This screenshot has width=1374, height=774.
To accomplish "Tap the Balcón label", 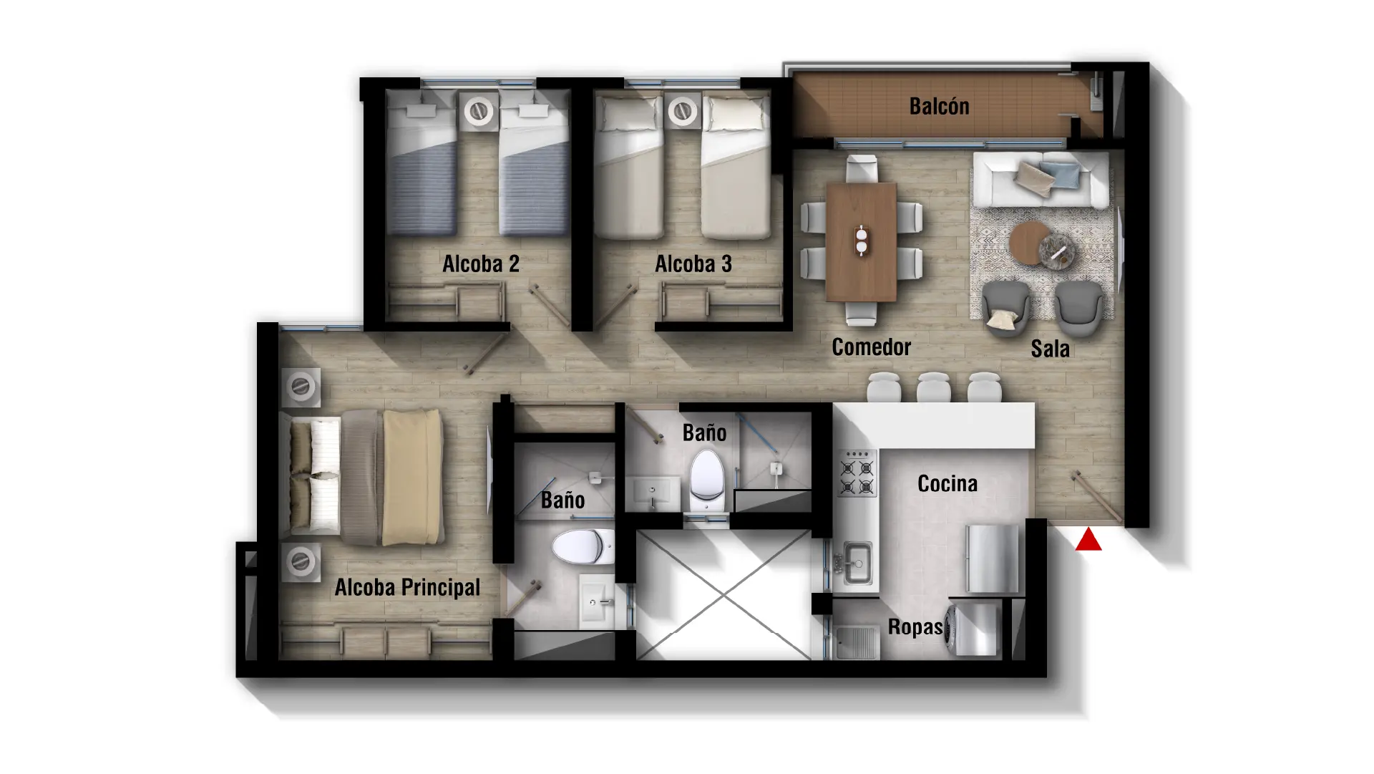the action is coord(939,107).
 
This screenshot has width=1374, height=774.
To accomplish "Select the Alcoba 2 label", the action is coord(481,264).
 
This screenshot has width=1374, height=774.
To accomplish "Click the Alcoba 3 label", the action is coord(693,264).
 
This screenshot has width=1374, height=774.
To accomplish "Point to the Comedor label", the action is coord(871,347).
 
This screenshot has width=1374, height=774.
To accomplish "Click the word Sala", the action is coord(1050,349).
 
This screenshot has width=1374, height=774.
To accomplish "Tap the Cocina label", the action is coord(947,484).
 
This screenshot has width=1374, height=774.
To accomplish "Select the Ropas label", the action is coord(915,627).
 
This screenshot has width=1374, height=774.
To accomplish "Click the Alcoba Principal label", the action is coord(407,588).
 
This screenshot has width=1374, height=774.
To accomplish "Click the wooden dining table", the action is coord(861,242).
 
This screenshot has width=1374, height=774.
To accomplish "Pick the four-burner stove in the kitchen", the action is coord(857,473).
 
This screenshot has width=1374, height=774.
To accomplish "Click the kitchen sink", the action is coord(857,563).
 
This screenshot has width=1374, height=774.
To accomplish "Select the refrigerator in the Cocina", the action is coord(992,559).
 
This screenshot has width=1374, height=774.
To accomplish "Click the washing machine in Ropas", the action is coord(972,629).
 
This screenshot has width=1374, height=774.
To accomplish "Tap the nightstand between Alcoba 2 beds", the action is coord(478,111).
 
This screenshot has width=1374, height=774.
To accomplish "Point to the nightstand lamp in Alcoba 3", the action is coord(683,111).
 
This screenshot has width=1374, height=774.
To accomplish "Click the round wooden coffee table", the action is coord(1030,243).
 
